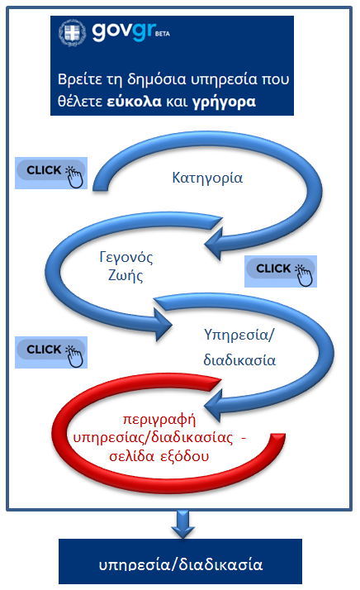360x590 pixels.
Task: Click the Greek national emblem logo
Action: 72,33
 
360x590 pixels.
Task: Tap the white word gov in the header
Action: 111,31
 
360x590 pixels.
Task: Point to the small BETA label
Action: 163,34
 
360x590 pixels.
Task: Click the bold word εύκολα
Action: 135,102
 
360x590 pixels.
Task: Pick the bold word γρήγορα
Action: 225,102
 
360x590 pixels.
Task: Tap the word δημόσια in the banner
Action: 157,80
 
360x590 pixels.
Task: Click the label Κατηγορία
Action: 207,178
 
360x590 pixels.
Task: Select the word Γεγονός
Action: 126,257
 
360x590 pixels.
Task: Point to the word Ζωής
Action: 126,275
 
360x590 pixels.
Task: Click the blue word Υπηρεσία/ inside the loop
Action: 239,335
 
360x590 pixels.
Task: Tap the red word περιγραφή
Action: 159,420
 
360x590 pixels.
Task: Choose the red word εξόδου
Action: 185,456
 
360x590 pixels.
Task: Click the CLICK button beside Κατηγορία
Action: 51,173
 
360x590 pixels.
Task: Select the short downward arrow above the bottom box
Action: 182,524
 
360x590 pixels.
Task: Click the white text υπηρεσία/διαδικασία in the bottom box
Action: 181,564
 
